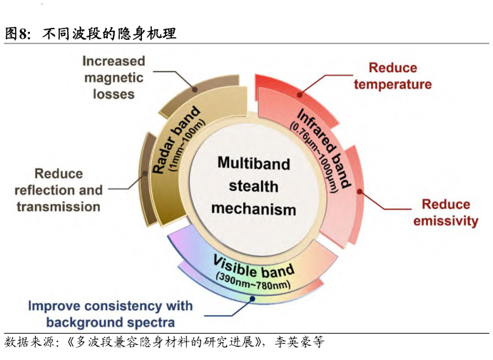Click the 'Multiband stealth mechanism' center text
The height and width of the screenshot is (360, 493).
[x=253, y=186]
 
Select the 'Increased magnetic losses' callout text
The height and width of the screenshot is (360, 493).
[x=113, y=77]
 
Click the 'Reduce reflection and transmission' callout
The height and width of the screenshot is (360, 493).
[x=59, y=190]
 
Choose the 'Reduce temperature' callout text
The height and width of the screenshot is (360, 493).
[x=392, y=76]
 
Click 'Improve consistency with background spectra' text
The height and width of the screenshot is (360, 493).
[x=111, y=314]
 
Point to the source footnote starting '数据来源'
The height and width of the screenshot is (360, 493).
[x=164, y=343]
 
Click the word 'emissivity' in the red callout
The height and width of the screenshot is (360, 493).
[x=445, y=221]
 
